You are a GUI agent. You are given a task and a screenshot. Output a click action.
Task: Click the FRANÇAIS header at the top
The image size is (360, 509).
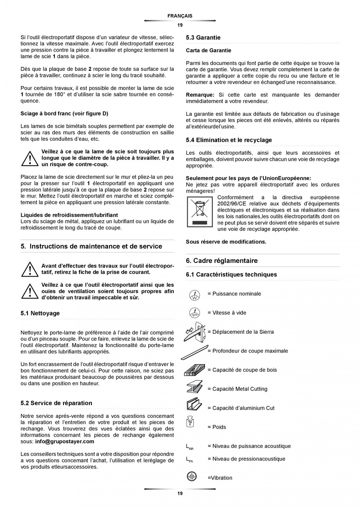(x=180, y=16)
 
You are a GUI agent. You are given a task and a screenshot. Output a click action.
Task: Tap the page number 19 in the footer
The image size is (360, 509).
(x=180, y=494)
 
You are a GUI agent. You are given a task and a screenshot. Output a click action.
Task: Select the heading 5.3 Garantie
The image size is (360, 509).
(x=203, y=38)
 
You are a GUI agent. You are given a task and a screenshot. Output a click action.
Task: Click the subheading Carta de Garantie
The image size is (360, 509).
(x=208, y=50)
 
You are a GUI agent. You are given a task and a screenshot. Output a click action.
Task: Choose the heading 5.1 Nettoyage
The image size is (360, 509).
(x=40, y=313)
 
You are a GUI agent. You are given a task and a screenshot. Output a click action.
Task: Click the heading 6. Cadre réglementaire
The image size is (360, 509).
(x=221, y=261)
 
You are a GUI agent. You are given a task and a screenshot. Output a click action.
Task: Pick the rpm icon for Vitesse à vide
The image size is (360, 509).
(x=194, y=313)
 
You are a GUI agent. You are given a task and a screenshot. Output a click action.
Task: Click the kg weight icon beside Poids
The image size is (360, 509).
(x=191, y=423)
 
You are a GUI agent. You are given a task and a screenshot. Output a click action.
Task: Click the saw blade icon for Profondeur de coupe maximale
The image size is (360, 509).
(x=195, y=352)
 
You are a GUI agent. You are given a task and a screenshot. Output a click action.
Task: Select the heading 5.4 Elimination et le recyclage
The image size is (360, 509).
(x=229, y=140)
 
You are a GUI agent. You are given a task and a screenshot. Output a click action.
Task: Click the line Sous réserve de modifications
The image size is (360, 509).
(x=226, y=242)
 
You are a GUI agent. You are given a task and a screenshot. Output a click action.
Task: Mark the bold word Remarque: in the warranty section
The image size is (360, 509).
(x=200, y=95)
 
